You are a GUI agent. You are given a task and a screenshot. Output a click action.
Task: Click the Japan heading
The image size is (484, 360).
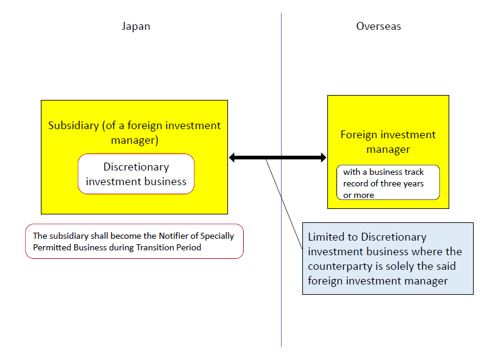(x=135, y=26)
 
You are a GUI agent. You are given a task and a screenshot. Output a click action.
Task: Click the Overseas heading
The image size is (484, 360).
(x=379, y=26)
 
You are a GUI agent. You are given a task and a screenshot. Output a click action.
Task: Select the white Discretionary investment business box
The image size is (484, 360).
(x=136, y=174)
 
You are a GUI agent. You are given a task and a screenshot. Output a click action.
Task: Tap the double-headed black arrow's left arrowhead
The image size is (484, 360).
(x=233, y=158)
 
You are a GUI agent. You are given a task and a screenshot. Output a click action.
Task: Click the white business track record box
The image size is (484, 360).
(x=388, y=183)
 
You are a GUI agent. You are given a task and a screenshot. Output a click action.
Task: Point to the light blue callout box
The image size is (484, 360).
(x=388, y=258)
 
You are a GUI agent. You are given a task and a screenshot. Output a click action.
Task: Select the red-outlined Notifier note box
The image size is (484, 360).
(x=134, y=241)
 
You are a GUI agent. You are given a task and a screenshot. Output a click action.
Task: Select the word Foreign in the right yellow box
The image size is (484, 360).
(x=358, y=135)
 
